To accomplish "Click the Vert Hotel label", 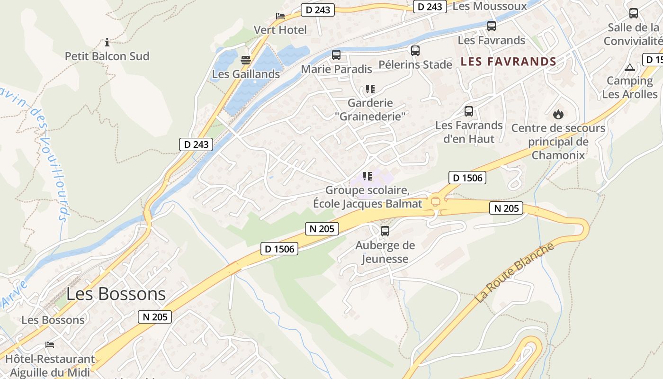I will (280, 30).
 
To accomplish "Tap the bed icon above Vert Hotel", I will (280, 16).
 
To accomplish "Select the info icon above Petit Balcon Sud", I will (107, 42).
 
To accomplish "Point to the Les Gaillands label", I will (246, 74).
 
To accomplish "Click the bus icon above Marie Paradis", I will (336, 55).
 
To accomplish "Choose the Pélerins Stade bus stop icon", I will (415, 51).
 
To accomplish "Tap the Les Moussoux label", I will (490, 6).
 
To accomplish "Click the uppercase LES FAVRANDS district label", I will (508, 62).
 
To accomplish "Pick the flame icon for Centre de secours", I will (558, 114).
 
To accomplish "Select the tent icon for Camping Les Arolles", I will (629, 67).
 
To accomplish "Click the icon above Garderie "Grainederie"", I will (370, 89).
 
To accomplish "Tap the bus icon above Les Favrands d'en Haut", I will (469, 111).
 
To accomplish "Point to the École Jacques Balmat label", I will (367, 204).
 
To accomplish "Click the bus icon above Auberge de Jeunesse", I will (385, 231).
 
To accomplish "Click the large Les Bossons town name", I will (116, 294).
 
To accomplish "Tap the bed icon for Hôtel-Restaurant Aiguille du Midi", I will (50, 344).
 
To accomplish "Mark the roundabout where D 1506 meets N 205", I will (435, 201).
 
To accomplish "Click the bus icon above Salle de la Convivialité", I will (634, 13).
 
